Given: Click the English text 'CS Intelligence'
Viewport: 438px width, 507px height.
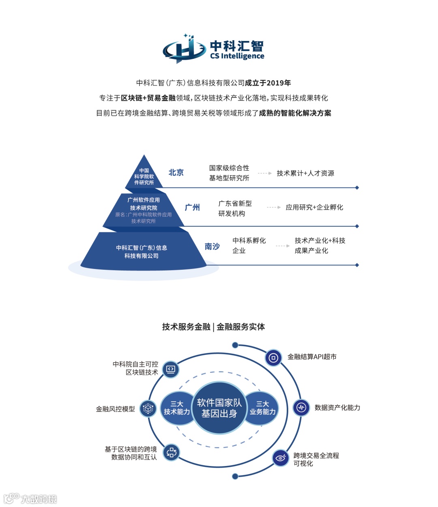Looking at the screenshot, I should pyautogui.click(x=237, y=56).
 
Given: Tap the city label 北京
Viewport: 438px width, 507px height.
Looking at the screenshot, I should pyautogui.click(x=176, y=172).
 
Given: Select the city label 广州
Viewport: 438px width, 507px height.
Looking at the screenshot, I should pyautogui.click(x=192, y=207).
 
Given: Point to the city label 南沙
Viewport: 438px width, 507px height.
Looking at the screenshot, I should pyautogui.click(x=212, y=246).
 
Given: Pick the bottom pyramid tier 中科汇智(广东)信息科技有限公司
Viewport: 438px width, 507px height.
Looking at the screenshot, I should pyautogui.click(x=142, y=251).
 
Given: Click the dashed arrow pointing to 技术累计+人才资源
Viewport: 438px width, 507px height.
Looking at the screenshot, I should pyautogui.click(x=264, y=173).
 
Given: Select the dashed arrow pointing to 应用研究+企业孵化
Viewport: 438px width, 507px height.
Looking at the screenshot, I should pyautogui.click(x=274, y=207).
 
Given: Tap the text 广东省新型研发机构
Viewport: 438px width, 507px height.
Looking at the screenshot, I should pyautogui.click(x=235, y=208).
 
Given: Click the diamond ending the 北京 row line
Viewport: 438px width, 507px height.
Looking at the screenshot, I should pyautogui.click(x=357, y=188).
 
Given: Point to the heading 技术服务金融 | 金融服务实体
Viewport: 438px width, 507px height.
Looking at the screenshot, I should pyautogui.click(x=213, y=327).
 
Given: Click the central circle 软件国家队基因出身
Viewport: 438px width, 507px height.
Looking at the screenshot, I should pyautogui.click(x=219, y=408).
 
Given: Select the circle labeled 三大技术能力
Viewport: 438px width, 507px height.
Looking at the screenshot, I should pyautogui.click(x=176, y=408).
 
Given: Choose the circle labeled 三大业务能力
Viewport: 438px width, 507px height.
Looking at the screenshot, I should pyautogui.click(x=262, y=408).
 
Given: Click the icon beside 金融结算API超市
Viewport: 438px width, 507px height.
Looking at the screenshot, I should pyautogui.click(x=273, y=358).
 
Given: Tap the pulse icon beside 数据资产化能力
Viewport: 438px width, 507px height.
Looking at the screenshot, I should pyautogui.click(x=301, y=407).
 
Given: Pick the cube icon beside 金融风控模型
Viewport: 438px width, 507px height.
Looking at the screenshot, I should pyautogui.click(x=148, y=408).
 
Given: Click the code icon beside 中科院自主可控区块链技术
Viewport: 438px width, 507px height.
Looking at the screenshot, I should pyautogui.click(x=171, y=369).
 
